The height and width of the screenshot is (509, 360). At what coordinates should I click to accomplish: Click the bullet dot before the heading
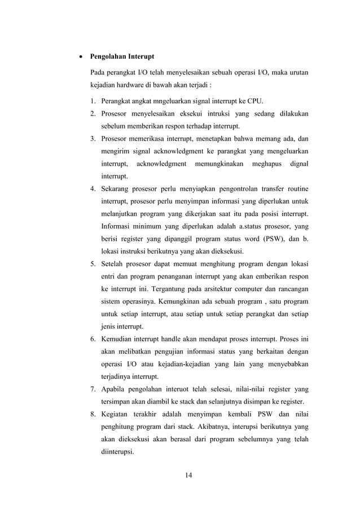78,58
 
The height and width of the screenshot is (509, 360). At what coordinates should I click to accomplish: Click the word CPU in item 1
254,102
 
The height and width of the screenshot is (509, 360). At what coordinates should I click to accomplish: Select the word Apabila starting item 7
115,389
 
